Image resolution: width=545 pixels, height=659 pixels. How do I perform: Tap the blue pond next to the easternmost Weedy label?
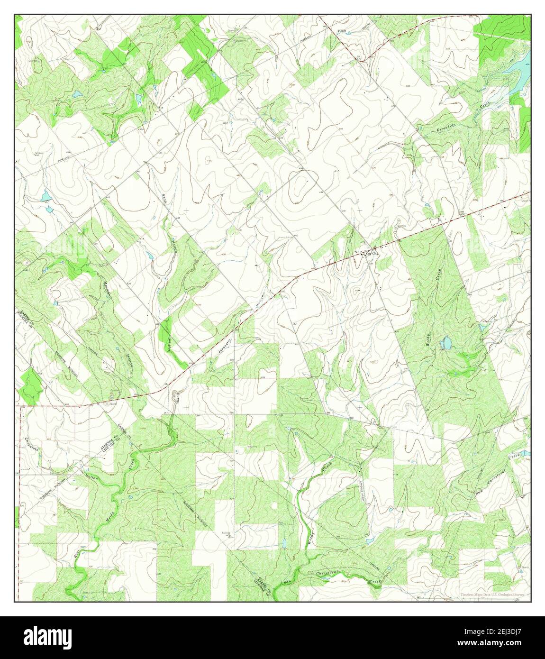pyautogui.click(x=445, y=341)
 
